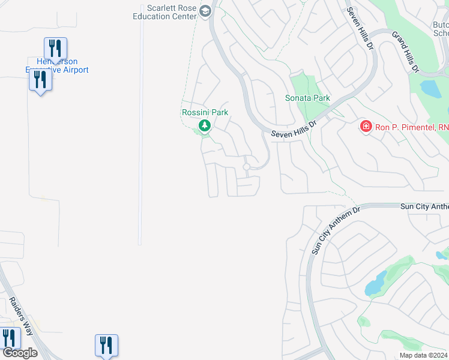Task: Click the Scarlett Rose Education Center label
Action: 172,12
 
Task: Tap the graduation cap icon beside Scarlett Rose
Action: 205,11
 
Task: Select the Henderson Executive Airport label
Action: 57,65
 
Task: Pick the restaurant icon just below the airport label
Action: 40,80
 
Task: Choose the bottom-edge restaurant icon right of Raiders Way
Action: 106,345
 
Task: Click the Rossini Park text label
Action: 205,112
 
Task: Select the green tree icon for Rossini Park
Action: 205,125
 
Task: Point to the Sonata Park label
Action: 307,98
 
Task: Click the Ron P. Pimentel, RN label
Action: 412,127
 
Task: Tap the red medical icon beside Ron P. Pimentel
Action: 366,126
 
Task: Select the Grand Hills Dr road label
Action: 405,53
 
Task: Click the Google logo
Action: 20,353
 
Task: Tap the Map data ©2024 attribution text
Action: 423,355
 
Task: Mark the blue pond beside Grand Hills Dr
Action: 431,89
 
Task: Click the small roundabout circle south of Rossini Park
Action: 246,167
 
